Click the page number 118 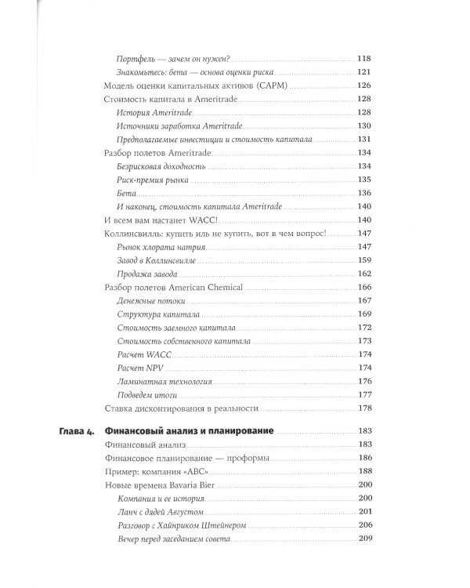tap(363, 59)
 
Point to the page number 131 tap(363, 139)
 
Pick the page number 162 tap(363, 274)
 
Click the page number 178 tap(363, 408)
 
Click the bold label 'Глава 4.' tap(77, 431)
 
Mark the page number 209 tap(363, 538)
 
